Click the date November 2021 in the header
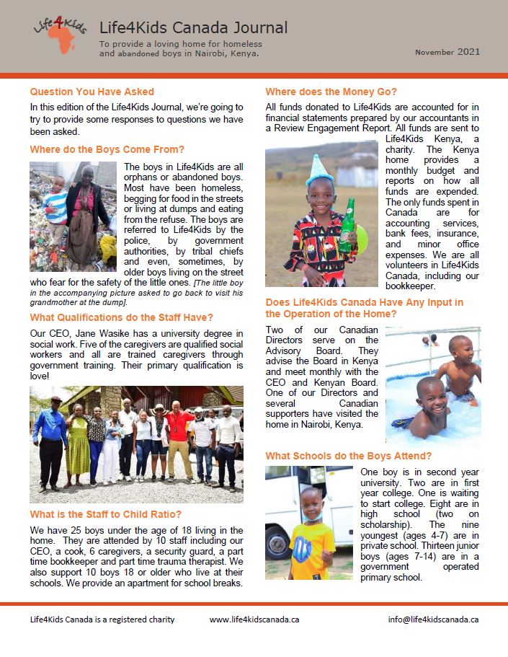(447, 52)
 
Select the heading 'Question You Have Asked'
(92, 92)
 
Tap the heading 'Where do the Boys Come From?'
(107, 150)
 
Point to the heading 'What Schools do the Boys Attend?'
(349, 456)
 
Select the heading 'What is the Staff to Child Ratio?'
(106, 514)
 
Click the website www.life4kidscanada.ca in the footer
(254, 619)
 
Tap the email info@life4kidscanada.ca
(433, 619)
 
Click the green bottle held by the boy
(349, 226)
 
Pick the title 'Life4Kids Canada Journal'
(193, 28)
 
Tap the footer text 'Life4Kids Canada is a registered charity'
(102, 619)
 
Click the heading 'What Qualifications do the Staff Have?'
(121, 317)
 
